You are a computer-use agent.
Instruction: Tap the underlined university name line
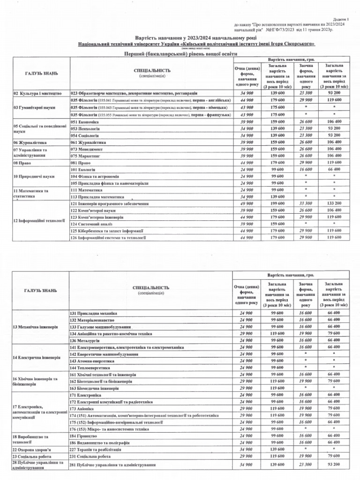click(196, 44)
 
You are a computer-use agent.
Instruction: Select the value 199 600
click(278, 204)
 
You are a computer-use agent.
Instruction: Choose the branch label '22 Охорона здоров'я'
click(32, 449)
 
